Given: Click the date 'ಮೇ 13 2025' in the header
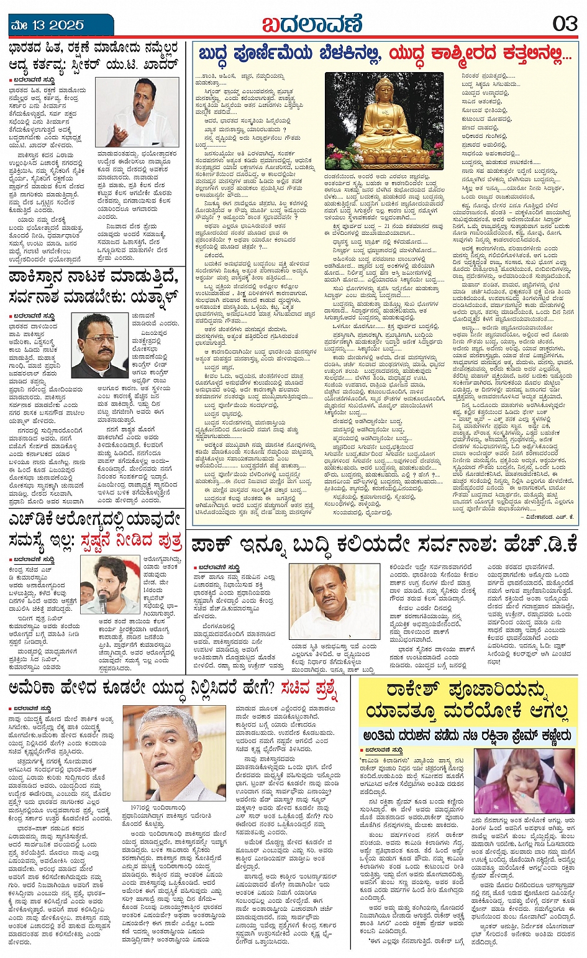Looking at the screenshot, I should (47, 25).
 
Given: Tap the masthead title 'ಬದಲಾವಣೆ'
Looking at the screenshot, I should (311, 25).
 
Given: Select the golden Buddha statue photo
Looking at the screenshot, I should (384, 121).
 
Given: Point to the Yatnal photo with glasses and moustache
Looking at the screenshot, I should (99, 345).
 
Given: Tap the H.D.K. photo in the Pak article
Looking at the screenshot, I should (335, 601).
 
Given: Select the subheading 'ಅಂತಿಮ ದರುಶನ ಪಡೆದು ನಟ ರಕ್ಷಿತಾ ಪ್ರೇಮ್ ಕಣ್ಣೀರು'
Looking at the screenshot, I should (467, 736).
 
